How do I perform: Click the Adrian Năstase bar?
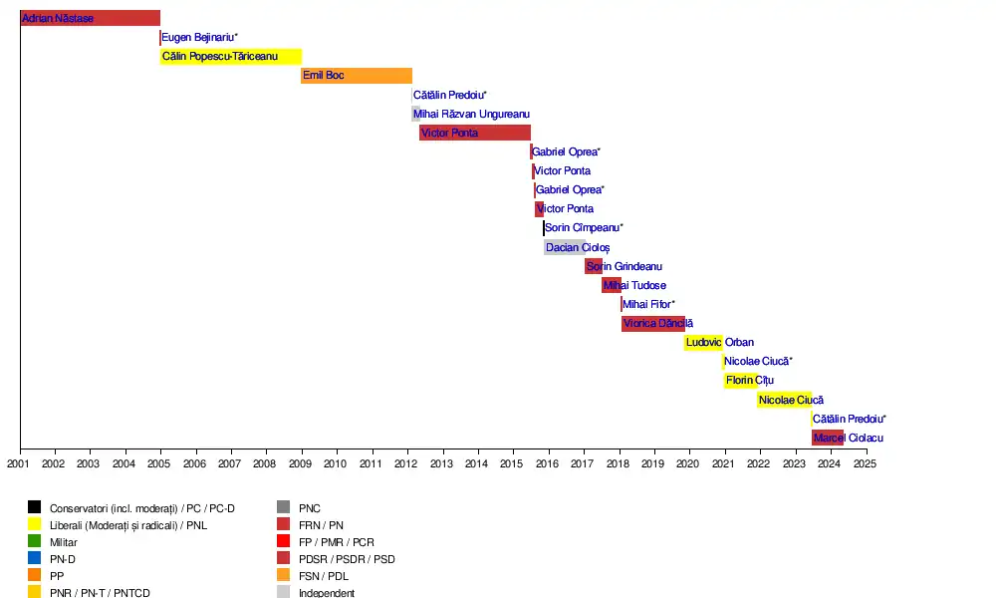[90, 18]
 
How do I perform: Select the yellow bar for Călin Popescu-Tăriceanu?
[231, 57]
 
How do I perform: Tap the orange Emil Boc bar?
[357, 76]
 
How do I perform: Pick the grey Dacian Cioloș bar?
[564, 247]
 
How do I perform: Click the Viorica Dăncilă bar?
[653, 323]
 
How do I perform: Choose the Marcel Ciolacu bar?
[828, 438]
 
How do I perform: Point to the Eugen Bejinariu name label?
[199, 38]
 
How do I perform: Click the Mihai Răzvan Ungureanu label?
[472, 115]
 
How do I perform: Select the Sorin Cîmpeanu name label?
[584, 228]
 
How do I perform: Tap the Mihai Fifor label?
[648, 304]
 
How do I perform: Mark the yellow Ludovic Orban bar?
[703, 343]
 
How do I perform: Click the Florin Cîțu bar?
[741, 381]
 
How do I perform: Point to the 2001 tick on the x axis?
[19, 463]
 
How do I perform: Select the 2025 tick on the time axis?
[866, 463]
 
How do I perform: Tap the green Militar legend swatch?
[35, 542]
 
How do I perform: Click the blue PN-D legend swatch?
[35, 559]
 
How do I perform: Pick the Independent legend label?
[327, 593]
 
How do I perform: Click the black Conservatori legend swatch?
[35, 508]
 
